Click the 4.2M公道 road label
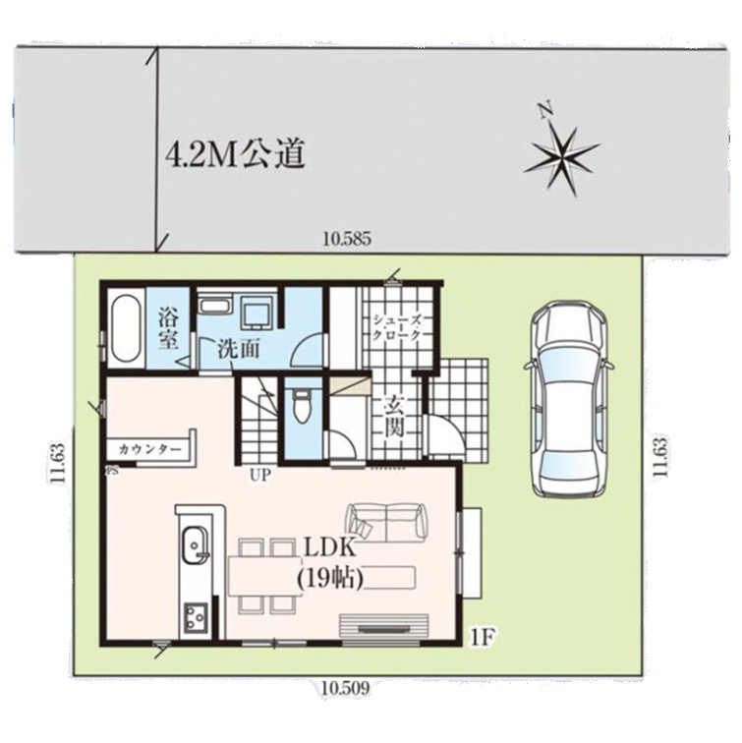coord(234,154)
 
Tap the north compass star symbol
coord(562,157)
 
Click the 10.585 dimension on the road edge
coord(347,239)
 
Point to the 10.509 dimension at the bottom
coord(345,688)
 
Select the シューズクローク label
coord(396,327)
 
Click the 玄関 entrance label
coord(394,417)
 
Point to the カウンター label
coord(149,449)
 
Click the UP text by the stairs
coord(259,476)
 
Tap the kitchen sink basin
coord(196,545)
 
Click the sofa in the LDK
coord(387,522)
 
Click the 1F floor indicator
coord(483,637)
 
